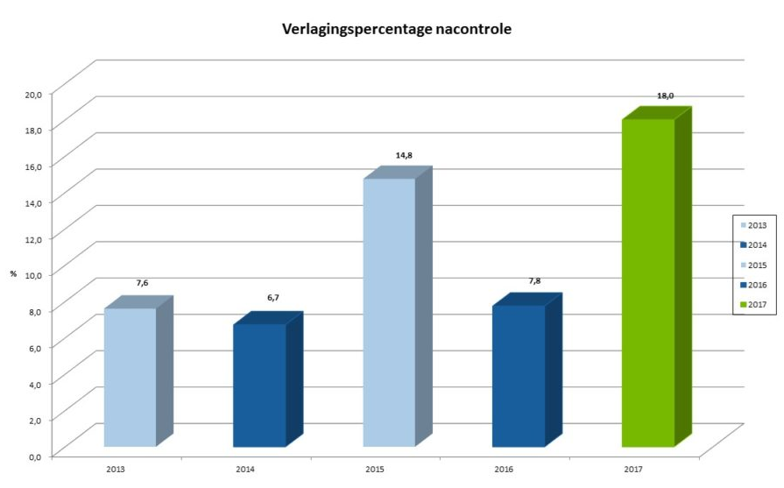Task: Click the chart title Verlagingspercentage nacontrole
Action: tap(396, 29)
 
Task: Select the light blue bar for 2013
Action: tap(130, 377)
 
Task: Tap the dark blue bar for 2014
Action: tap(259, 385)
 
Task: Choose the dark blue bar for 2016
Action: tap(519, 376)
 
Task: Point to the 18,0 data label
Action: tap(665, 95)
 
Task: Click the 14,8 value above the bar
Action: tap(404, 155)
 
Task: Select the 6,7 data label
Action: tap(273, 298)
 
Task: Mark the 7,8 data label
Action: tap(533, 280)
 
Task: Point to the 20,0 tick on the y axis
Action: tap(32, 93)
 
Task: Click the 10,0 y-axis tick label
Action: tap(32, 274)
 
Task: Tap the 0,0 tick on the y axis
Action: tap(34, 456)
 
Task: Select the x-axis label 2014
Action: tap(245, 470)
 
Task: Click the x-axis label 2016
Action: tap(504, 470)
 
